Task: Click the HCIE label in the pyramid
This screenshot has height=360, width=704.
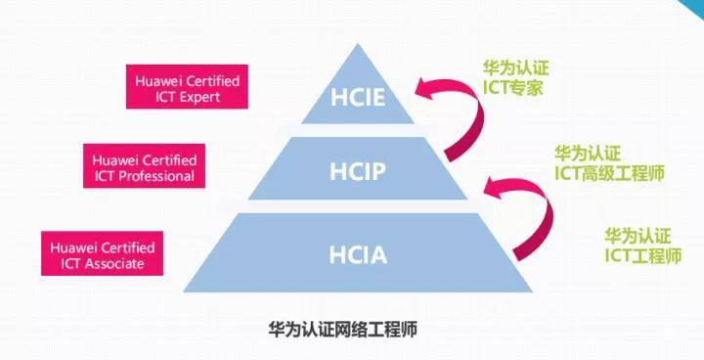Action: (358, 98)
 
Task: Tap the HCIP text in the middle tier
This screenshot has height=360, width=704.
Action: (358, 171)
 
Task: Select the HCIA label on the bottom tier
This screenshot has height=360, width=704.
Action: (358, 255)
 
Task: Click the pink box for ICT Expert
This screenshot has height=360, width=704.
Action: (187, 87)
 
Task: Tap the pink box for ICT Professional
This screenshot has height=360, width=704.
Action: (144, 166)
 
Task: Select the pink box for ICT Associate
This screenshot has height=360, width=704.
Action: (102, 253)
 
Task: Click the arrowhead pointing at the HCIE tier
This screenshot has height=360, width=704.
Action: (424, 88)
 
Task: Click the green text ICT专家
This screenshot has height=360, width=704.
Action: (512, 88)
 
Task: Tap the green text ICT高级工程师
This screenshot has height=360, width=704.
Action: (609, 173)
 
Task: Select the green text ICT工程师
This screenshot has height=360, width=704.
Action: (643, 255)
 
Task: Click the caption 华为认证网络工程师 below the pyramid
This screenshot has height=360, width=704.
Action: (343, 330)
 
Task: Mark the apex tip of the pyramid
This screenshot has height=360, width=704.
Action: (358, 44)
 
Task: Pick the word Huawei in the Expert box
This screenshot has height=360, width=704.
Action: (158, 81)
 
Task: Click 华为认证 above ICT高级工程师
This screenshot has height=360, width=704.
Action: (588, 154)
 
